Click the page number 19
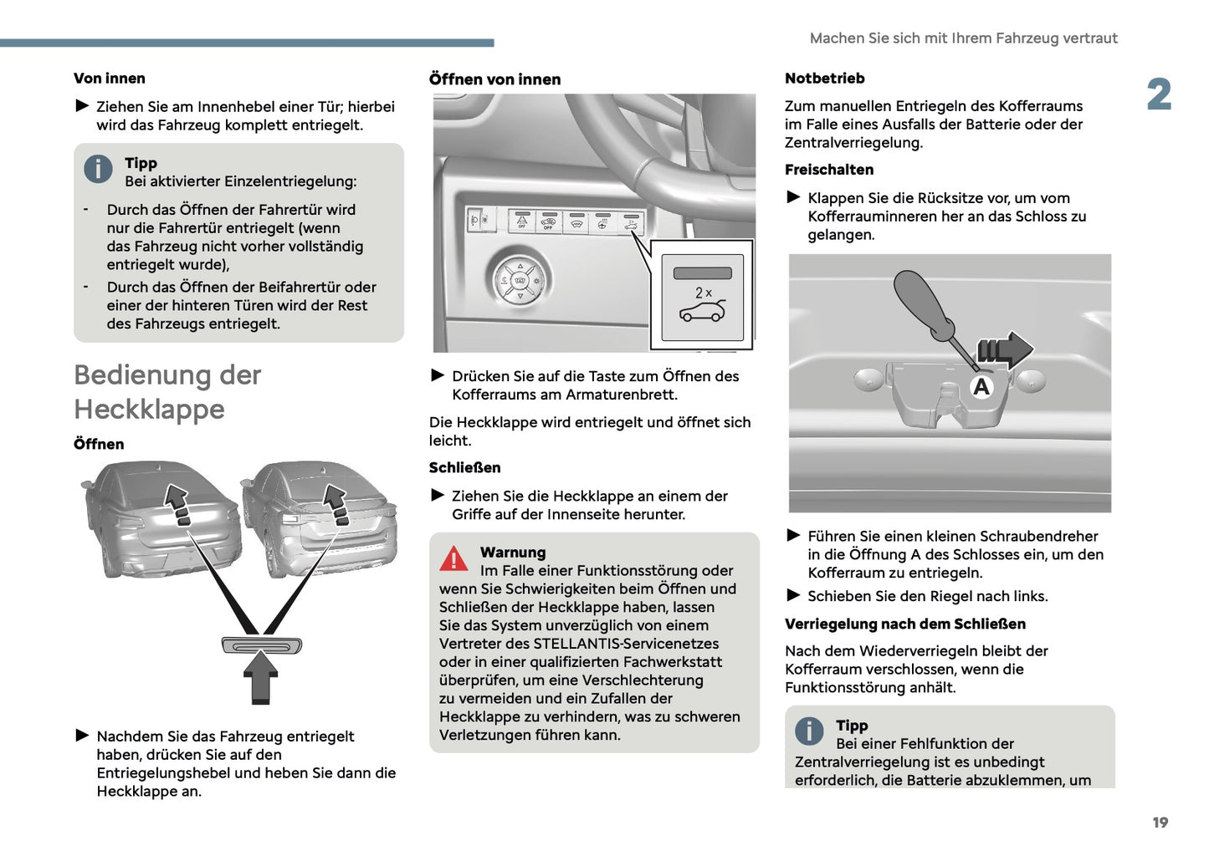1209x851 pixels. pyautogui.click(x=1160, y=823)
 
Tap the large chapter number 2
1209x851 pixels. pyautogui.click(x=1159, y=94)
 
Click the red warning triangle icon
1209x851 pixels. pyautogui.click(x=453, y=558)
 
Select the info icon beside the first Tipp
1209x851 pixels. pyautogui.click(x=98, y=169)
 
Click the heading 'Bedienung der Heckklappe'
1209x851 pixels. pyautogui.click(x=167, y=391)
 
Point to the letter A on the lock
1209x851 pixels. pyautogui.click(x=981, y=386)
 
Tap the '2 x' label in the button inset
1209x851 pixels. pyautogui.click(x=703, y=293)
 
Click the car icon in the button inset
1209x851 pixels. pyautogui.click(x=703, y=312)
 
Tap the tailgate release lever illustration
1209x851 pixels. pyautogui.click(x=261, y=645)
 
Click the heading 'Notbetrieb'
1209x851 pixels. pyautogui.click(x=824, y=79)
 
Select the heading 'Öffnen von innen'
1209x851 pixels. pyautogui.click(x=494, y=79)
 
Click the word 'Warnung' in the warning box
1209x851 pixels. pyautogui.click(x=512, y=553)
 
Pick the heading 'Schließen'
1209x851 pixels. pyautogui.click(x=464, y=467)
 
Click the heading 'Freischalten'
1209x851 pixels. pyautogui.click(x=828, y=170)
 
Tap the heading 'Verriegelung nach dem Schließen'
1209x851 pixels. pyautogui.click(x=904, y=624)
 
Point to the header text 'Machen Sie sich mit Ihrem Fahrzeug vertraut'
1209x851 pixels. pyautogui.click(x=963, y=38)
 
